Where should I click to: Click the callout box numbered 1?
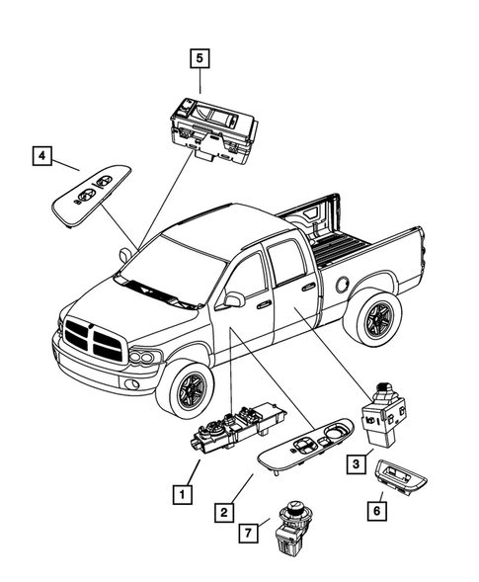[180, 490]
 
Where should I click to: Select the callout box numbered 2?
[225, 512]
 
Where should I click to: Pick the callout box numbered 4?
[41, 155]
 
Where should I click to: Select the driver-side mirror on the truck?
[235, 298]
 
